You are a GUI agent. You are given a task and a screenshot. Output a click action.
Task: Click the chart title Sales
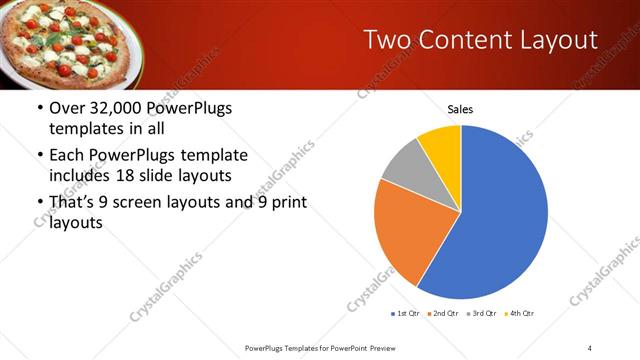460,109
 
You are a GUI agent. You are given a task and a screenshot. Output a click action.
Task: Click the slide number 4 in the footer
590,348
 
